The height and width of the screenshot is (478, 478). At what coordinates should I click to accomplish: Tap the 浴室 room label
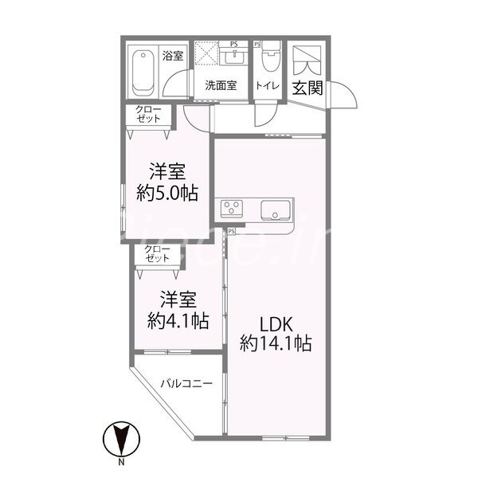pos(173,56)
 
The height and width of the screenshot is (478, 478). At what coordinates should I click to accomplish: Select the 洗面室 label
pos(220,86)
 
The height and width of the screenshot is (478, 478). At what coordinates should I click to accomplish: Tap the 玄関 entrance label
pos(307,87)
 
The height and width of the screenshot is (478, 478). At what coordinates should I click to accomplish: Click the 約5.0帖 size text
pos(167,192)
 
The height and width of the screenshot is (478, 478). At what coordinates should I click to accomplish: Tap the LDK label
pos(276,324)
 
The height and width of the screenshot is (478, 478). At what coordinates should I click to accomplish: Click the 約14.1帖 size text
pos(276,344)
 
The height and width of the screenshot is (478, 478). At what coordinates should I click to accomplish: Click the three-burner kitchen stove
pos(233,209)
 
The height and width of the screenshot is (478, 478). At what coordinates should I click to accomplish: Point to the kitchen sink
pos(276,210)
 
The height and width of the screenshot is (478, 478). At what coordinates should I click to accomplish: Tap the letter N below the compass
pos(122,463)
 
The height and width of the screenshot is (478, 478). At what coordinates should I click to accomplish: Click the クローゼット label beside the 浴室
pos(147,114)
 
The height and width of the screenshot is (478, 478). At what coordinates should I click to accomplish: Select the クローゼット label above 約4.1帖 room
pos(156,254)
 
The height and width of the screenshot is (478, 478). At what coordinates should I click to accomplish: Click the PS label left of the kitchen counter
pos(231,231)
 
